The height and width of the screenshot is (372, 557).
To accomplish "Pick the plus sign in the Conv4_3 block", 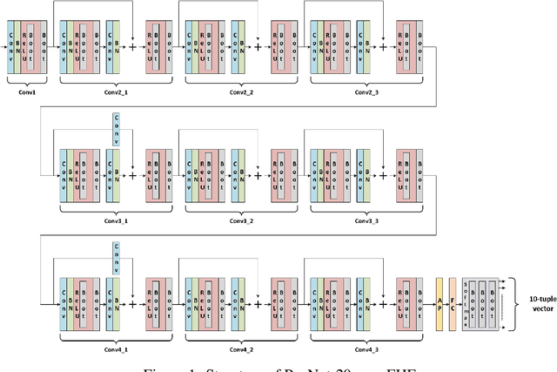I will [x=383, y=302].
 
